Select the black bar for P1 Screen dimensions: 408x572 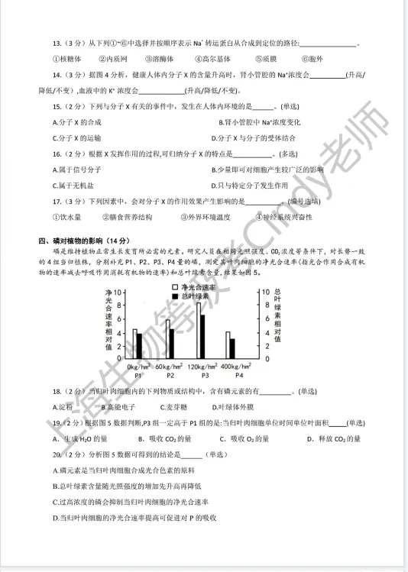coord(140,345)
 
